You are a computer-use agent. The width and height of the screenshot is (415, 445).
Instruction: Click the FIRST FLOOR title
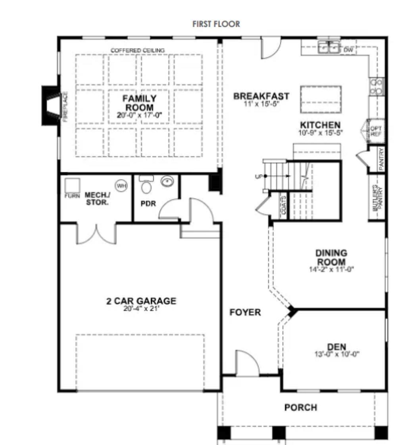[216, 24]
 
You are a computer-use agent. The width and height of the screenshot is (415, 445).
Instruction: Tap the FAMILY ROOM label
[139, 103]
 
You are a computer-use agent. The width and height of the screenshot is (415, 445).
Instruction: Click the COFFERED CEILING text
[138, 50]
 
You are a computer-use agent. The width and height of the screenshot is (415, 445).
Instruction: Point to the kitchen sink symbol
[330, 48]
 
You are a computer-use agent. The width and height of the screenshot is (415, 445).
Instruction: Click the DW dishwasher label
[348, 50]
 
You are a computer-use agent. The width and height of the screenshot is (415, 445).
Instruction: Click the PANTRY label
[381, 159]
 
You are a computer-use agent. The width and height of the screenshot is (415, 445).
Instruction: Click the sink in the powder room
[167, 182]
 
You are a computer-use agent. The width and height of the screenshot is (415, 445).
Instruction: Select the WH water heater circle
[120, 185]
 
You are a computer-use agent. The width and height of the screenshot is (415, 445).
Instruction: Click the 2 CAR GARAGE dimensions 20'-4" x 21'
[141, 309]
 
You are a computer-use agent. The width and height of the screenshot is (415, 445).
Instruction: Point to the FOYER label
[245, 313]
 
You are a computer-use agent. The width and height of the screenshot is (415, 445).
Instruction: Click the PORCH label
[300, 407]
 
